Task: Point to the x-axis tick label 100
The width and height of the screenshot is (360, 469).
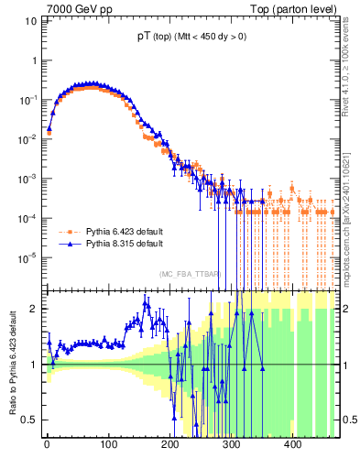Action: pos(108,448)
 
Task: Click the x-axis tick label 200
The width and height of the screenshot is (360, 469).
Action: pos(169,448)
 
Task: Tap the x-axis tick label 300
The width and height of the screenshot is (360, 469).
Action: pos(231,448)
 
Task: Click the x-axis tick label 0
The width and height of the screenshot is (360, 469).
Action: pos(47,448)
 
